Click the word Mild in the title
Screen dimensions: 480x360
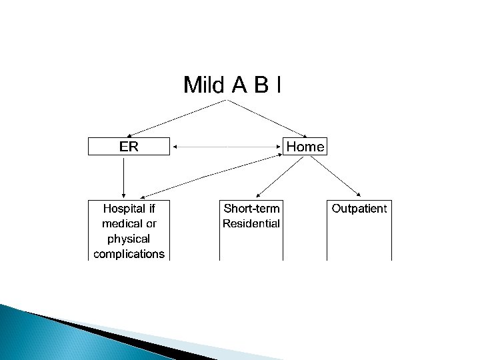pyautogui.click(x=204, y=85)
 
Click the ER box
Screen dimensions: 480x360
pyautogui.click(x=129, y=147)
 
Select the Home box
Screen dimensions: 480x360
pyautogui.click(x=305, y=147)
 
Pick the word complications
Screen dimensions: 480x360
pyautogui.click(x=129, y=253)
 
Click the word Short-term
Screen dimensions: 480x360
pyautogui.click(x=251, y=209)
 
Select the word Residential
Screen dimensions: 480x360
pyautogui.click(x=251, y=223)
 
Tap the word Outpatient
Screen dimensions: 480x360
pyautogui.click(x=359, y=209)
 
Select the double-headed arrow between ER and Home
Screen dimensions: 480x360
pyautogui.click(x=227, y=146)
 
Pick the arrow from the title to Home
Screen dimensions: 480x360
pyautogui.click(x=267, y=119)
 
